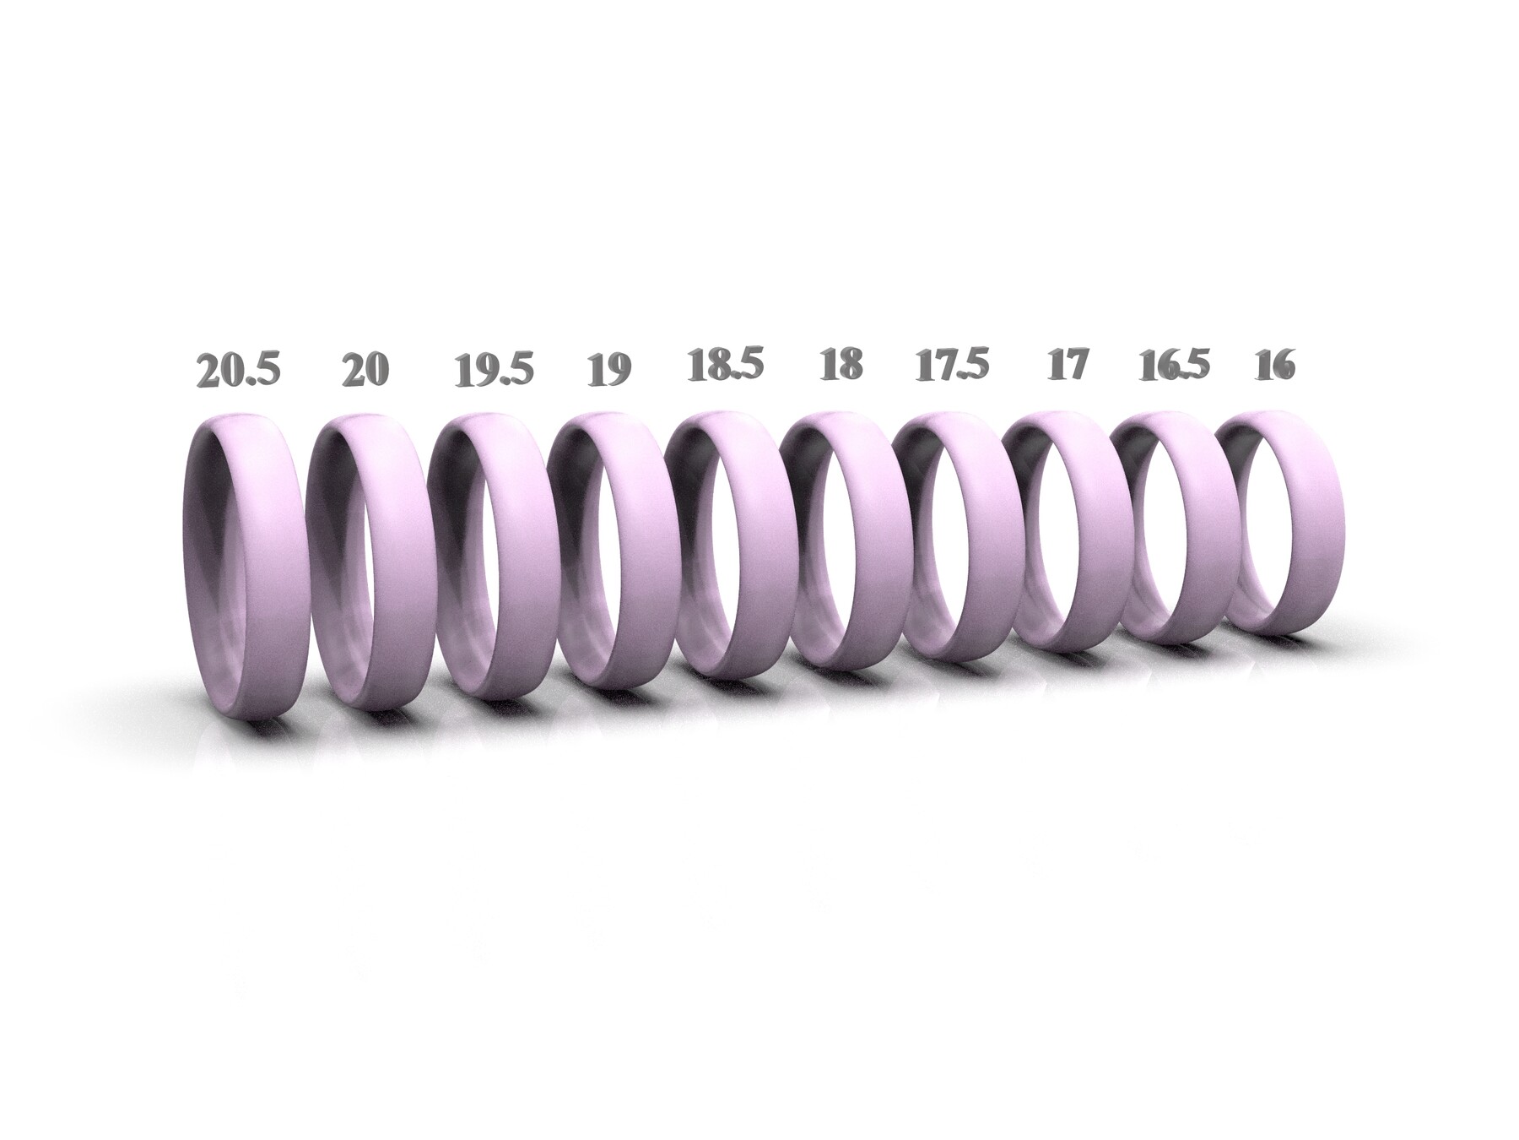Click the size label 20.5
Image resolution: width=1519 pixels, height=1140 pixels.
click(x=237, y=372)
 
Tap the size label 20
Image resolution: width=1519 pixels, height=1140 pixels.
click(x=365, y=372)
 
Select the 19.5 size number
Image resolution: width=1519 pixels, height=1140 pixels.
click(x=494, y=372)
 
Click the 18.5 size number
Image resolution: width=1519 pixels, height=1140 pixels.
click(x=725, y=366)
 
